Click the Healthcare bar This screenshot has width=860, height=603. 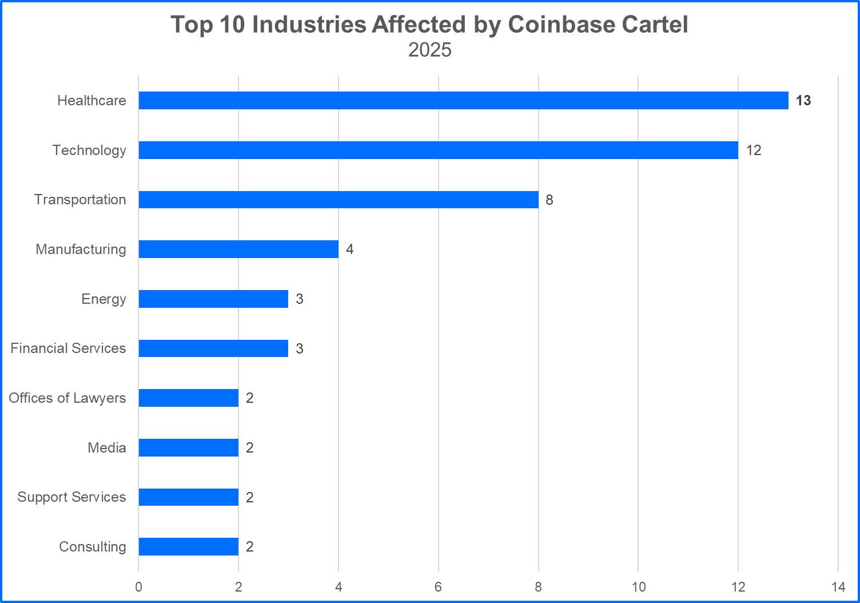point(463,100)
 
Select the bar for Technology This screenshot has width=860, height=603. point(438,150)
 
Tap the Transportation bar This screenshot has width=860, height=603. point(339,200)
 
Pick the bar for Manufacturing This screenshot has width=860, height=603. point(238,249)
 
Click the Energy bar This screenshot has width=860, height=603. point(213,299)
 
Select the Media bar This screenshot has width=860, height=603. point(188,447)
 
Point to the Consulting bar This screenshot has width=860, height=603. point(188,546)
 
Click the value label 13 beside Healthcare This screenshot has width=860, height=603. point(803,101)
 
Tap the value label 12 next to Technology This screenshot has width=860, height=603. point(753,150)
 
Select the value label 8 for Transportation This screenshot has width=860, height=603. point(549,200)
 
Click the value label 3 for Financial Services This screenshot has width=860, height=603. point(299,349)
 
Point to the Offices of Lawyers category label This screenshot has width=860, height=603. point(67,398)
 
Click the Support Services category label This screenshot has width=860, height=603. point(71,497)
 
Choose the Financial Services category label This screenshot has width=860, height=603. point(68,348)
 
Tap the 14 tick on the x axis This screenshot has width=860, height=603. point(838,587)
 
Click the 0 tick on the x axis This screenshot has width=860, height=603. point(138,587)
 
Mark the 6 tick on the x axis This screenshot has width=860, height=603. point(438,587)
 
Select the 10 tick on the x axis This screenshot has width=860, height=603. point(638,587)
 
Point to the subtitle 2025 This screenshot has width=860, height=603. point(430,50)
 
